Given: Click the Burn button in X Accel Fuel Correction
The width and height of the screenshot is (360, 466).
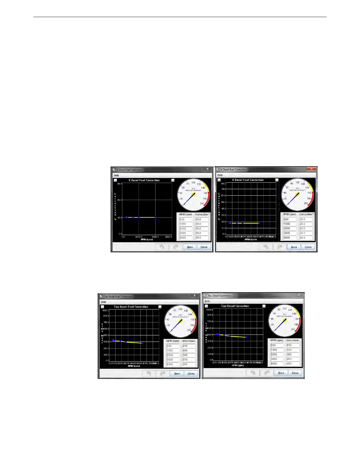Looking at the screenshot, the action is [x=190, y=247].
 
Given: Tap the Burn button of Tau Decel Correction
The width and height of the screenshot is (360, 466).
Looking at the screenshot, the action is [x=281, y=373].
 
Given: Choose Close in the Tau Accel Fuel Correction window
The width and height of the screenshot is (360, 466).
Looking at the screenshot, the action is [x=191, y=374].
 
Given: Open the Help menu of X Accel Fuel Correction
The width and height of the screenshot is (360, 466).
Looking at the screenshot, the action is [x=116, y=175].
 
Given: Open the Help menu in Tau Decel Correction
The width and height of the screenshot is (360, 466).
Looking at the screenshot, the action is [x=207, y=301].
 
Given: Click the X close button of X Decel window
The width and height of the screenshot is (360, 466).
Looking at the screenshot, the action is [x=311, y=169].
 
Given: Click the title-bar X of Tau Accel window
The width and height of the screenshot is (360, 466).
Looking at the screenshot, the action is [x=194, y=295].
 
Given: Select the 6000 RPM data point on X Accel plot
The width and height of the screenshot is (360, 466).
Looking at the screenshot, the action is [x=155, y=217].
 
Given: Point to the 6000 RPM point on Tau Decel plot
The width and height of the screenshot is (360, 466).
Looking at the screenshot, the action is [x=246, y=337].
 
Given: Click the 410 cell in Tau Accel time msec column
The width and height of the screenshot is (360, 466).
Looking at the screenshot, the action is [x=189, y=346].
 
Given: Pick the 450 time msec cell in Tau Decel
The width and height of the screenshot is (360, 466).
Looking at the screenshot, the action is [x=293, y=364].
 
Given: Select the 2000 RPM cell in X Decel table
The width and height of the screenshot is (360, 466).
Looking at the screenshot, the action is [x=289, y=229].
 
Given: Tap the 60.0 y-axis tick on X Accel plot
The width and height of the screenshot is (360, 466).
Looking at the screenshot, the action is [x=120, y=200].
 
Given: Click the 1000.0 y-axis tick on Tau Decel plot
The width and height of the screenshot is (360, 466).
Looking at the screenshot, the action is [x=209, y=309].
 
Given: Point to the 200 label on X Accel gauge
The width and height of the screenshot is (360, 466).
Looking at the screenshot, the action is [x=202, y=204].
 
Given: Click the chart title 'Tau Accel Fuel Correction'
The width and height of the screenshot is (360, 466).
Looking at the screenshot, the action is [x=131, y=307].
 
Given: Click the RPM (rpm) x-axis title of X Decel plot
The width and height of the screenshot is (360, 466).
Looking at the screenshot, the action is [x=247, y=239].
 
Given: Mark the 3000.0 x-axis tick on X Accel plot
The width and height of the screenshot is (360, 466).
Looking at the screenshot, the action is [x=139, y=237].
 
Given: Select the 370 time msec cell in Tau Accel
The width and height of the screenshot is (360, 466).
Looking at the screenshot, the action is [x=189, y=360].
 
